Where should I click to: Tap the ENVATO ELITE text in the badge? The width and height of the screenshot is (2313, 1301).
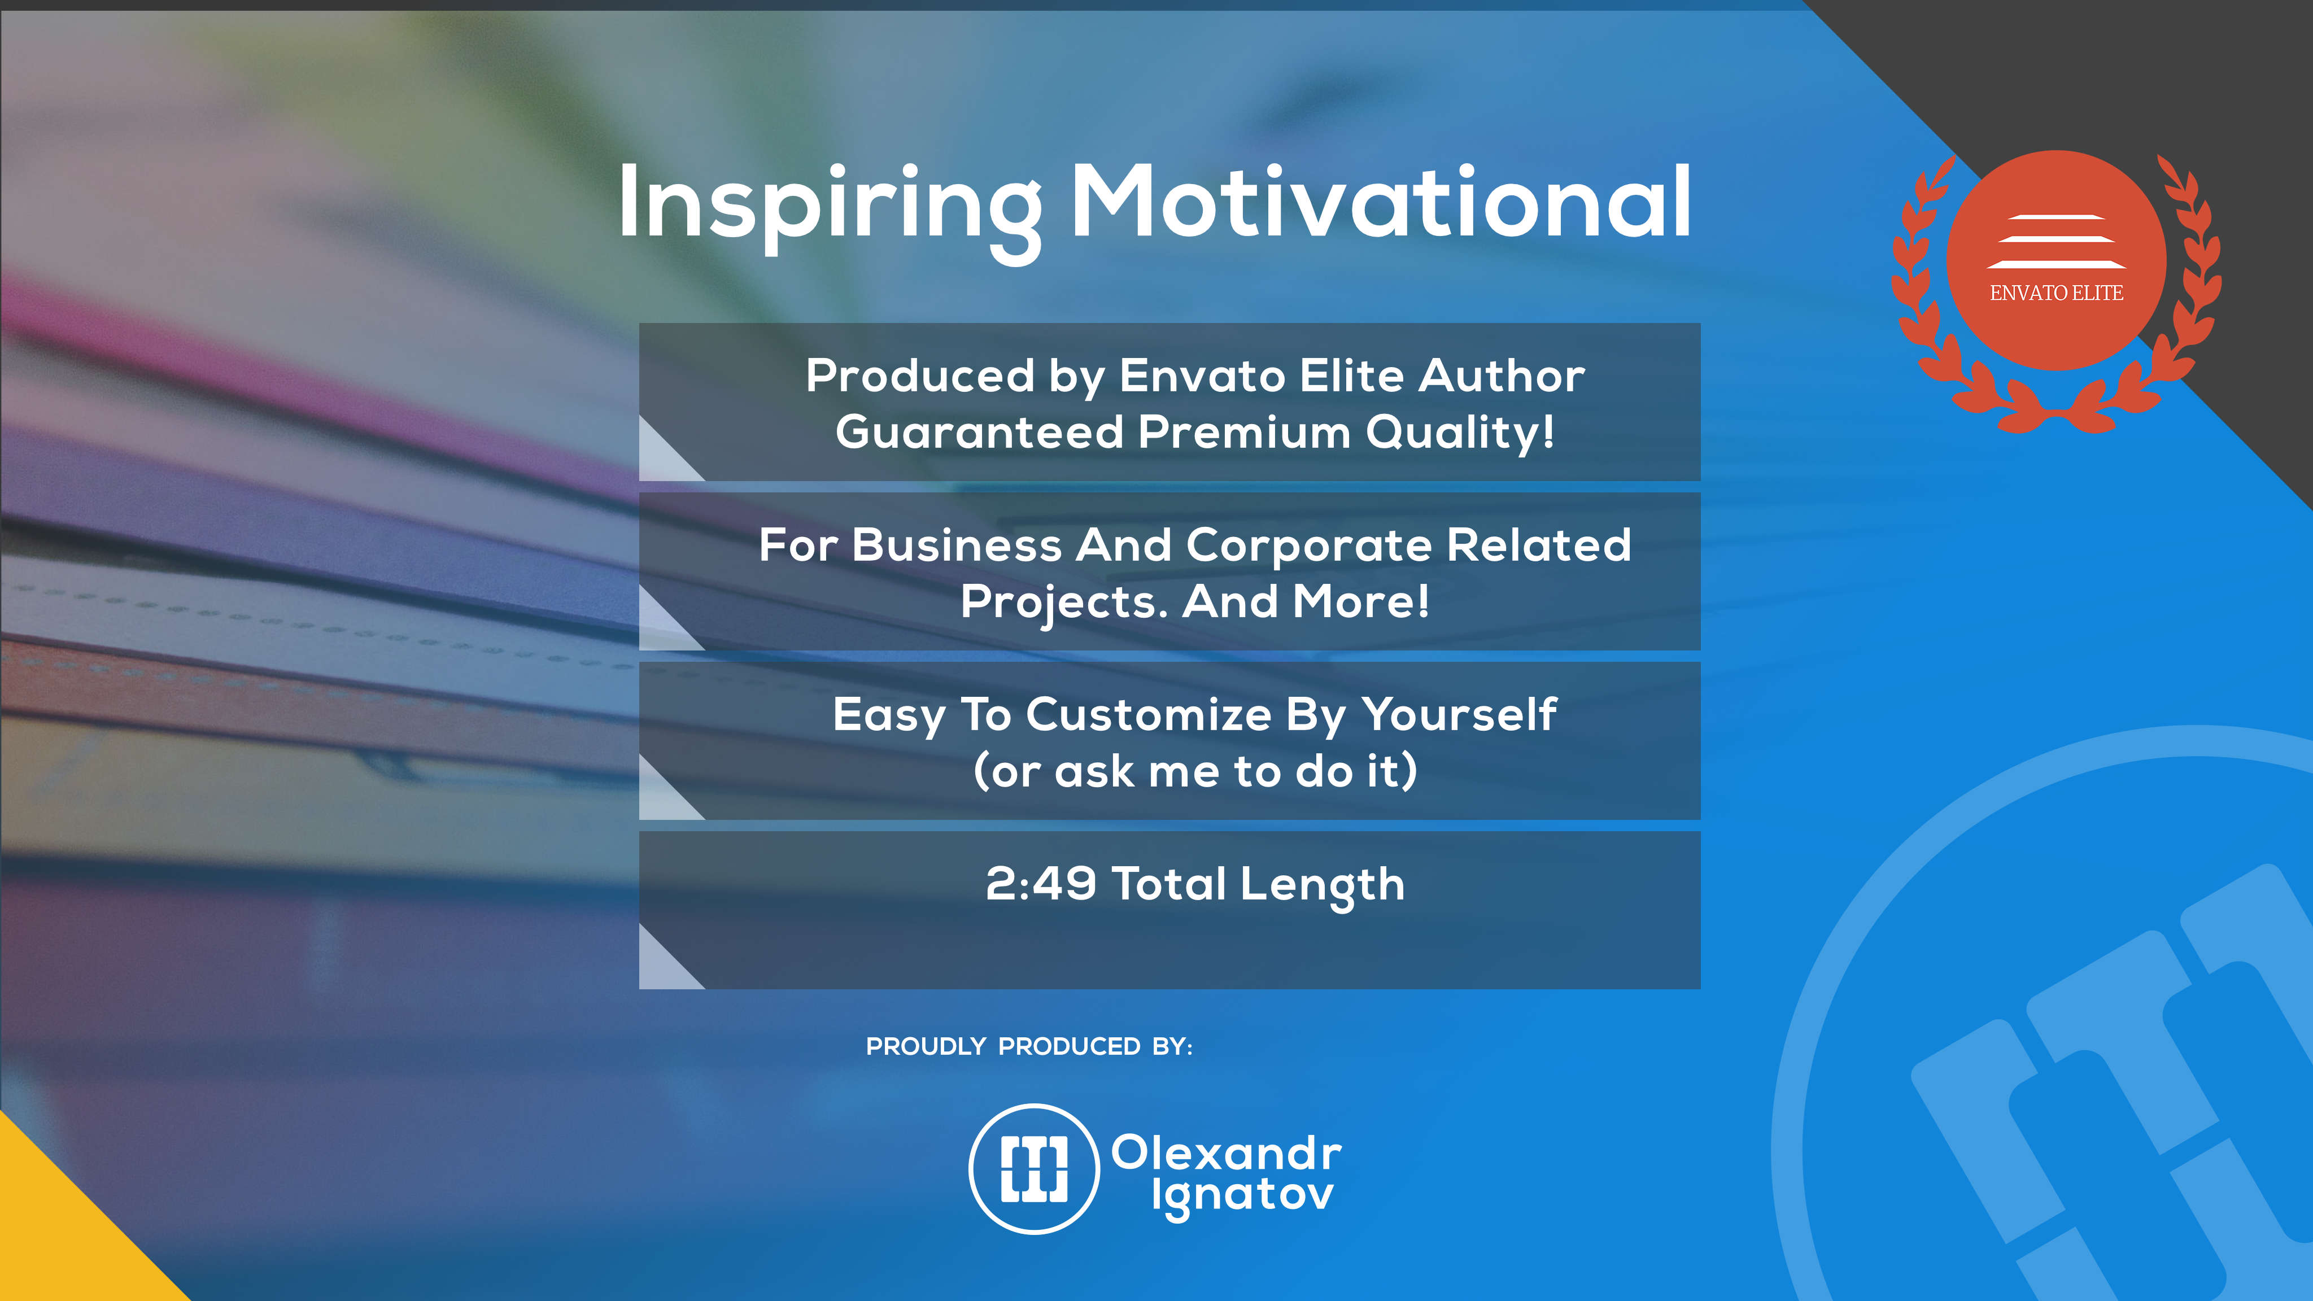2056,292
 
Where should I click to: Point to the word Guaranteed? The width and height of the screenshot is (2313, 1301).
979,432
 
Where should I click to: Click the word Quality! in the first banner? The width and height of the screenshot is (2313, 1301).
1460,433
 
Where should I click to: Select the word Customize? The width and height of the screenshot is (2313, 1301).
1149,715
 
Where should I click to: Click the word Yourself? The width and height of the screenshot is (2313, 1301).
1460,715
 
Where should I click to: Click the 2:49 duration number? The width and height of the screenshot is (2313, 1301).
1041,884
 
